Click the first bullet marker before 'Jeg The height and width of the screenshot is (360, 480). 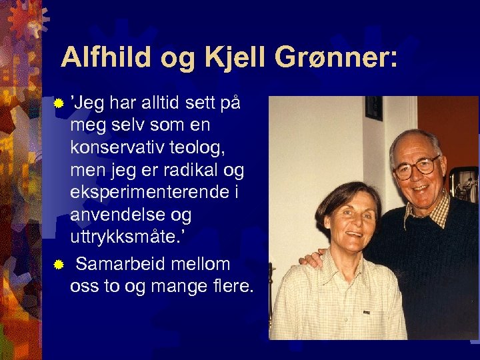[x=59, y=104]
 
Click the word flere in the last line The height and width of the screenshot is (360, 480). [x=227, y=287]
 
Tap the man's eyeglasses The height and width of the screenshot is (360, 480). [x=416, y=166]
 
